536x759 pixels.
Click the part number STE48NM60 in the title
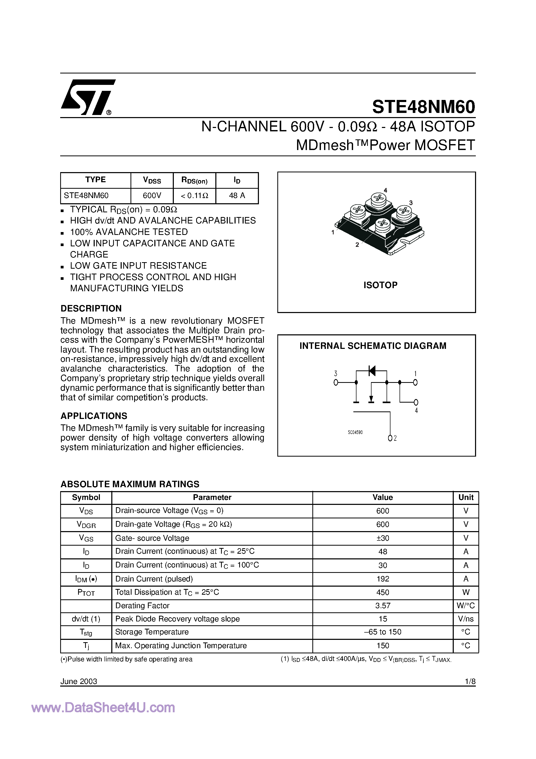coord(423,107)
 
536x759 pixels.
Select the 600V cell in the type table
coord(152,196)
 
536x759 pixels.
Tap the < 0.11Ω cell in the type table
coord(194,196)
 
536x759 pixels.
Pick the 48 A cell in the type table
coord(237,196)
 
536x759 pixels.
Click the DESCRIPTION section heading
coord(91,308)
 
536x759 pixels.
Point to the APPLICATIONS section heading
coord(94,416)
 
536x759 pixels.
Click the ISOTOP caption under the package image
coord(380,285)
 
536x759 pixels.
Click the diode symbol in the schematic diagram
coord(372,371)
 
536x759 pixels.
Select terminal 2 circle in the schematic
coord(390,438)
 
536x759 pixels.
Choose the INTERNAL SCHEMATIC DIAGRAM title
coord(373,346)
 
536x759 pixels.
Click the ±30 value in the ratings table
coord(383,538)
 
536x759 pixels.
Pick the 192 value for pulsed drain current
coord(383,579)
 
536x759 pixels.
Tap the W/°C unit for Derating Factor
coord(466,606)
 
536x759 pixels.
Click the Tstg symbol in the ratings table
coord(86,632)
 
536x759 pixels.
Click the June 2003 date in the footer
coord(79,681)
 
